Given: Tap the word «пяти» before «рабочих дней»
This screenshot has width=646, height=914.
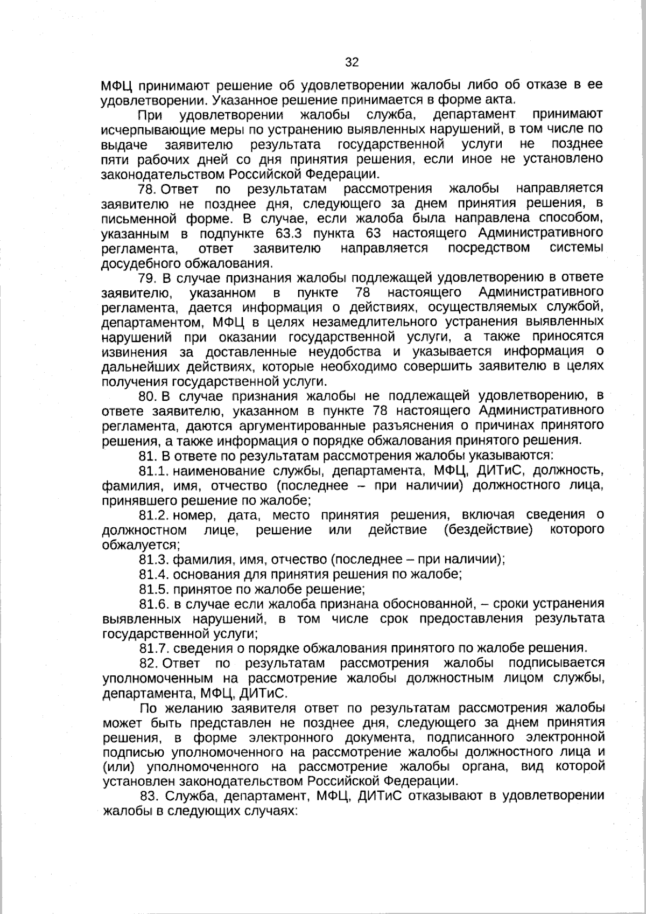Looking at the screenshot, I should [111, 159].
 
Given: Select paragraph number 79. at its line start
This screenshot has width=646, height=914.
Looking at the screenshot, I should [147, 278].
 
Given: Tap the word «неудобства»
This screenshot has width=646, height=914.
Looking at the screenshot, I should [340, 352].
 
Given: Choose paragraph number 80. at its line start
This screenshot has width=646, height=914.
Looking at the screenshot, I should [148, 396].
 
